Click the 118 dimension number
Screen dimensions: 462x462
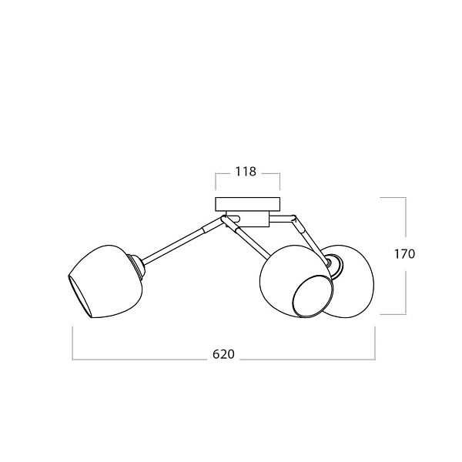(246, 172)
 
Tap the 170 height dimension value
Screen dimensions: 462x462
(404, 254)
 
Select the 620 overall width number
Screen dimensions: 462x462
(223, 354)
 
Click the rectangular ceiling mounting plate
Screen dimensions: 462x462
(247, 204)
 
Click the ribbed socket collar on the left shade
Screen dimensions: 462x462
(137, 267)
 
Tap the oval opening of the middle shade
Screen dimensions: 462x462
(313, 296)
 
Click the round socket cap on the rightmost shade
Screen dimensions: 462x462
(336, 267)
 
